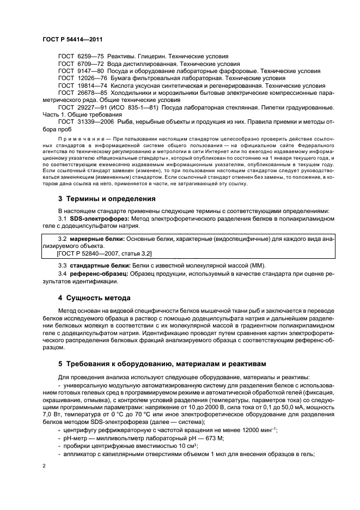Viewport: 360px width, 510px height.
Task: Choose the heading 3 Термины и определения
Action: [x=107, y=199]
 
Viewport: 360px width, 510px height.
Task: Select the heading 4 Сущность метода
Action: [x=94, y=298]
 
